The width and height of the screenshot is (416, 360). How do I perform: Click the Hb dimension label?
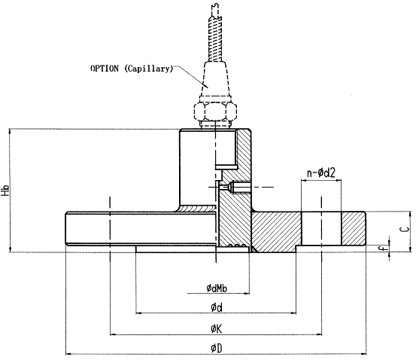[5, 191]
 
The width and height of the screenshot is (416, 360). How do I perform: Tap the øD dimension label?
[217, 348]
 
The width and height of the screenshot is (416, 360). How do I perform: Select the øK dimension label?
[217, 329]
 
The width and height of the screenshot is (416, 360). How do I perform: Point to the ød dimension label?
[217, 308]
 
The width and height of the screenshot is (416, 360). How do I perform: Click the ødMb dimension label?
[217, 288]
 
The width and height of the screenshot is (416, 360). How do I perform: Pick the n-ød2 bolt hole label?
[321, 173]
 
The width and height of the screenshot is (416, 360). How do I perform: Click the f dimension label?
[381, 249]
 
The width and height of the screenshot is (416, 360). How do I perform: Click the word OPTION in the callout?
[105, 69]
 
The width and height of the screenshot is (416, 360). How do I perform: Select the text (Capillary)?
[149, 69]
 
